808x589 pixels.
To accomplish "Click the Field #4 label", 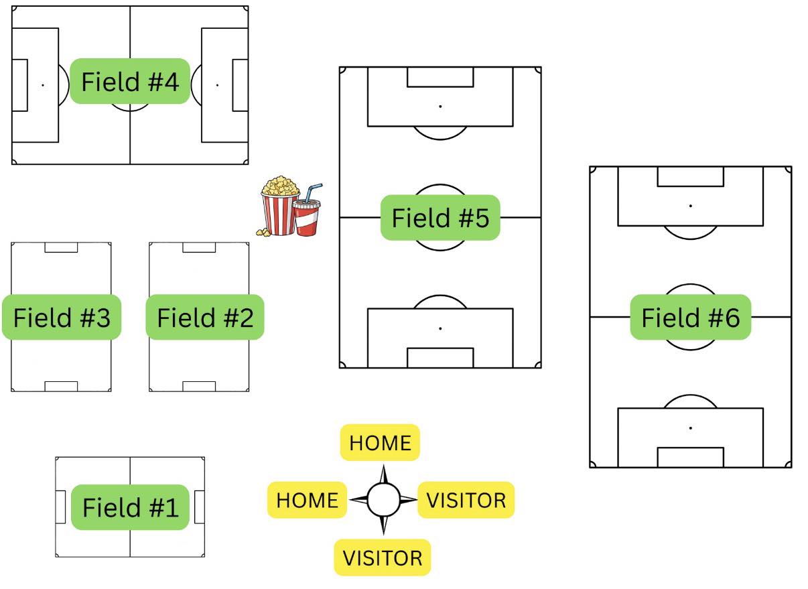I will (130, 81).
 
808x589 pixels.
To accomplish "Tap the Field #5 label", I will (440, 218).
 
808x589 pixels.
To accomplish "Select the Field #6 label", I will (690, 317).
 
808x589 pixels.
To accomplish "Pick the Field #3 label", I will (62, 317).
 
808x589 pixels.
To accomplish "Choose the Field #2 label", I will (205, 317).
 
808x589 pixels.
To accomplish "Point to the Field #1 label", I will (131, 507).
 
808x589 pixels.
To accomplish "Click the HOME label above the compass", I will (380, 442).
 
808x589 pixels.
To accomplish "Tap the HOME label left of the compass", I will (307, 500).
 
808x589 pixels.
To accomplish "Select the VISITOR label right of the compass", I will (466, 500).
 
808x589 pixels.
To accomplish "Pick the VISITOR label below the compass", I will (382, 558).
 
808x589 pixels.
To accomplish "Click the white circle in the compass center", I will (383, 499).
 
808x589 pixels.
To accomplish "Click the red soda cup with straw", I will (307, 214).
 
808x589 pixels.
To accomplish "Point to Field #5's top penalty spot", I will (440, 107).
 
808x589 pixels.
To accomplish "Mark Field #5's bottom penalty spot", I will (440, 328).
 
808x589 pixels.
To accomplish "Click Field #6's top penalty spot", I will (690, 206).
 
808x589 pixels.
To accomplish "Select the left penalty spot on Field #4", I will (43, 85).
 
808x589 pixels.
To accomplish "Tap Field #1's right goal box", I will (199, 507).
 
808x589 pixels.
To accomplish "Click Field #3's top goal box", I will (61, 247).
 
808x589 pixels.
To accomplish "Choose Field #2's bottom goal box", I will (199, 386).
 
